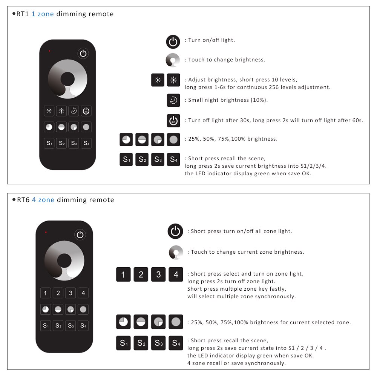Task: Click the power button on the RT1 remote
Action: (x=83, y=54)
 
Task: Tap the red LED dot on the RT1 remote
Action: (x=49, y=51)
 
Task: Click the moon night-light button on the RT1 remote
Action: (x=74, y=111)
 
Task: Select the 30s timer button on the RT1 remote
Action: (x=86, y=111)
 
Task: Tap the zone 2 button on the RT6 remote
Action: (x=58, y=293)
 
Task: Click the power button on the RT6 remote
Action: (x=80, y=234)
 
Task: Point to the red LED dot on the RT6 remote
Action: (x=46, y=232)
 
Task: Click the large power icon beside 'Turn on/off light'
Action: (x=173, y=41)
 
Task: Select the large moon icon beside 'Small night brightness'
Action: (x=173, y=100)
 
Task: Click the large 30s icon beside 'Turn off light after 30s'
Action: (x=173, y=121)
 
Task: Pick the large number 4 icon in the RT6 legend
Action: (x=176, y=274)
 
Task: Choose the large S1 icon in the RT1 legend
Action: (x=126, y=159)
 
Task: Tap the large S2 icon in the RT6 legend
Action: (x=141, y=343)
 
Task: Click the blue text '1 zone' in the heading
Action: (x=43, y=14)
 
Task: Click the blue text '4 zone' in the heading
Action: (x=43, y=200)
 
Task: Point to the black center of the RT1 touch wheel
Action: (x=67, y=79)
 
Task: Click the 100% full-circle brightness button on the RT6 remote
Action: (x=83, y=309)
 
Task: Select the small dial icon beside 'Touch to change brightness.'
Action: (x=173, y=60)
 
